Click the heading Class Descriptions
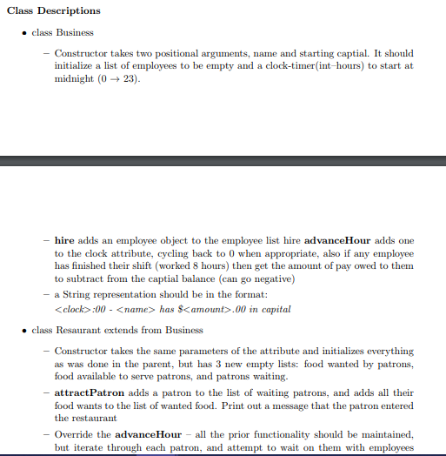pyautogui.click(x=51, y=10)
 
